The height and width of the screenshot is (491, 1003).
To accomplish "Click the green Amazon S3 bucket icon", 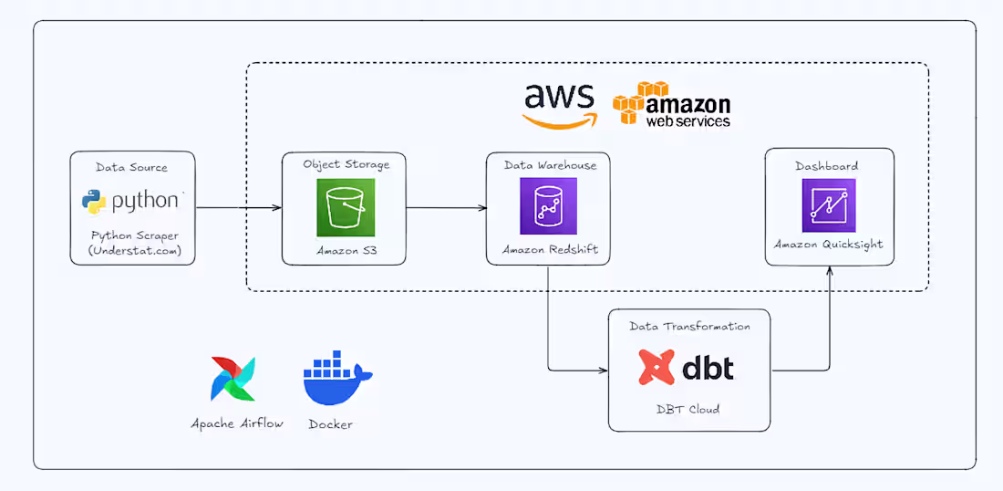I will click(346, 207).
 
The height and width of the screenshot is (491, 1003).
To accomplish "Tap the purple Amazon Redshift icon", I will click(548, 207).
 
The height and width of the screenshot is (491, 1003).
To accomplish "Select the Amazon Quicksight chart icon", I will click(829, 205).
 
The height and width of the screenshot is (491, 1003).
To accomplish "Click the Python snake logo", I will click(94, 202).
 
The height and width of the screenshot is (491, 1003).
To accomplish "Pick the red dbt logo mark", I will click(657, 368).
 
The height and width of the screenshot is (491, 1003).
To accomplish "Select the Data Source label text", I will click(132, 167).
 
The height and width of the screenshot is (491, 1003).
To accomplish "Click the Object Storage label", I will click(346, 164).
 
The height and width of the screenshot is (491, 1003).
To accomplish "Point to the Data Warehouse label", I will click(550, 164).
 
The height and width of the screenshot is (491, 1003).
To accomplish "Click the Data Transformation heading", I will click(689, 326).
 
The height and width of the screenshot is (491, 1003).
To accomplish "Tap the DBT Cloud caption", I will click(688, 409).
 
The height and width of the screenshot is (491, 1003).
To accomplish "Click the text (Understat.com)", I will click(132, 250).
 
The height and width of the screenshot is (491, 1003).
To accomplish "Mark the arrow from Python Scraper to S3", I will click(238, 208).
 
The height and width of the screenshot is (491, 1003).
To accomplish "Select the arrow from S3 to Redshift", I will click(446, 208).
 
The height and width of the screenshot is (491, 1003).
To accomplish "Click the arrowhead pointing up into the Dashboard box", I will click(830, 271).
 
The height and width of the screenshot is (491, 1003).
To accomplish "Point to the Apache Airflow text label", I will click(237, 423).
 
